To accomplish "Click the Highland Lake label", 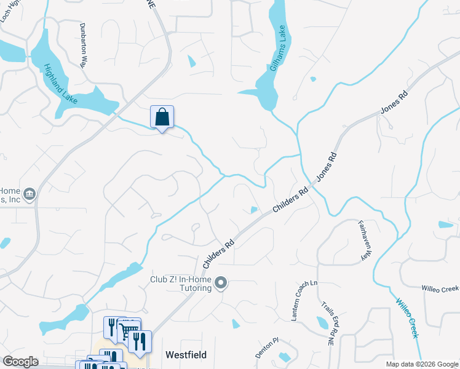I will click(x=60, y=79).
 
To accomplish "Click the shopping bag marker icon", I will click(x=162, y=116).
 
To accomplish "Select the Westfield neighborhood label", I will click(x=186, y=355).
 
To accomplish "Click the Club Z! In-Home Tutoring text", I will click(x=181, y=284).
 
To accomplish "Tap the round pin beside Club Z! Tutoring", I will click(x=221, y=284).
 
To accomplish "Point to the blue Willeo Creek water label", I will click(x=407, y=318).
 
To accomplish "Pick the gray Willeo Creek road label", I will click(x=440, y=288).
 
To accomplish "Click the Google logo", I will click(x=20, y=362).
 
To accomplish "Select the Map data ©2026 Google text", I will click(x=422, y=364).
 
